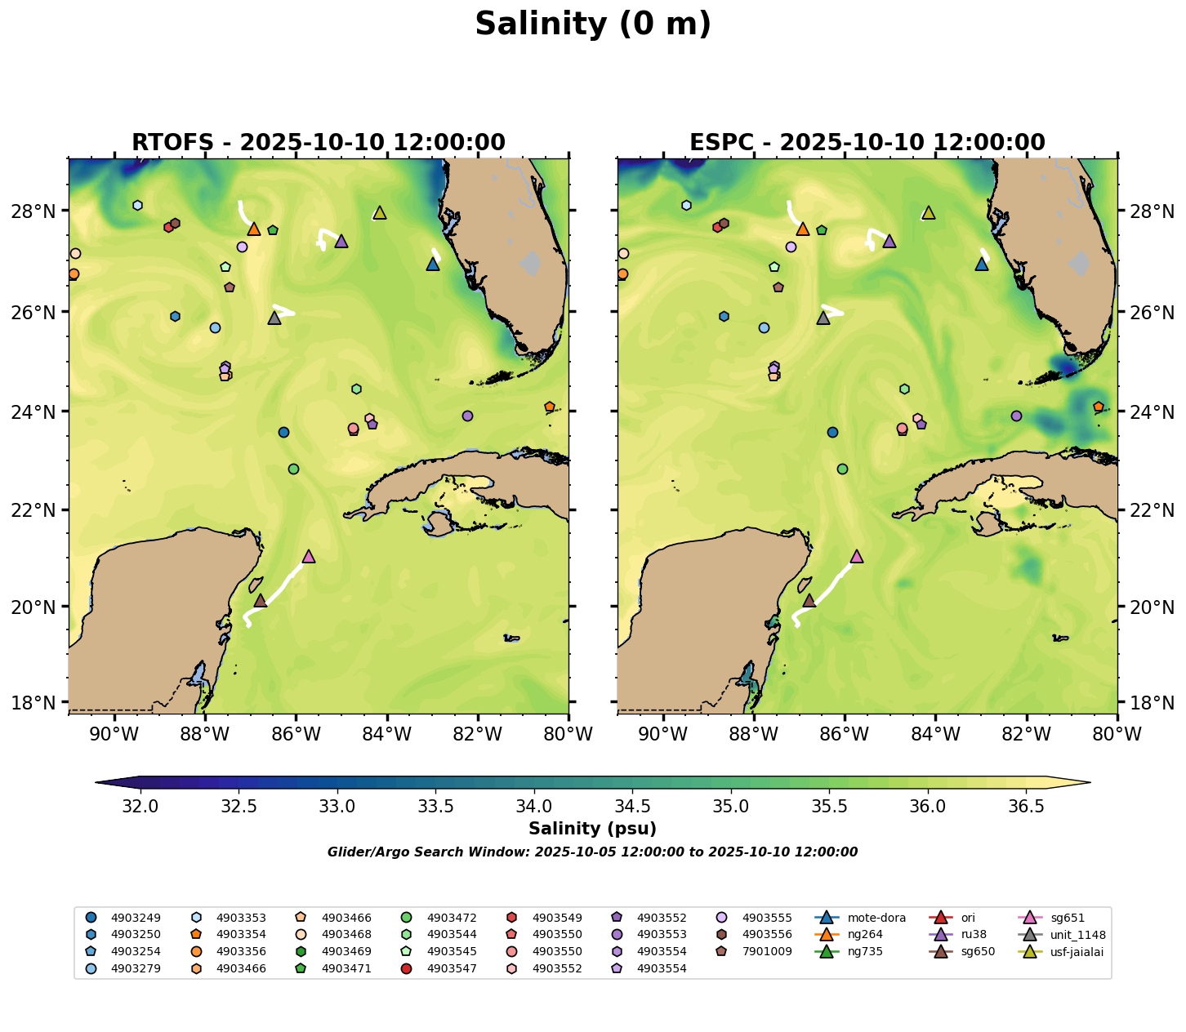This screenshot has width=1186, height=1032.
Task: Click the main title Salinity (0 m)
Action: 593,24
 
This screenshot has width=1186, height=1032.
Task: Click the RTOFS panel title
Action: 318,143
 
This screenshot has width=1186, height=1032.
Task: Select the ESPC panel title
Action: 867,143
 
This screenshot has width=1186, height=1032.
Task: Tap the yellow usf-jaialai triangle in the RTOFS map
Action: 379,213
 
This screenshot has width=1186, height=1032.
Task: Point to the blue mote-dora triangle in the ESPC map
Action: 982,265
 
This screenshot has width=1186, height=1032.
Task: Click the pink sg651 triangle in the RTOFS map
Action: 308,557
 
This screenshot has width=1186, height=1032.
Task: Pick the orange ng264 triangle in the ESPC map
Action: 802,229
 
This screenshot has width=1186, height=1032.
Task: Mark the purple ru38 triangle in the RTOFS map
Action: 341,242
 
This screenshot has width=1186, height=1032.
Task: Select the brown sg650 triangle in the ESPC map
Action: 809,601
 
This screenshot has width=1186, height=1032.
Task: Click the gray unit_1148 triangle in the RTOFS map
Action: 274,318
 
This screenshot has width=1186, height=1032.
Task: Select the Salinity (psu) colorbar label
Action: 592,830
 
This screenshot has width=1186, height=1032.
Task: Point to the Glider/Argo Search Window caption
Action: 592,852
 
